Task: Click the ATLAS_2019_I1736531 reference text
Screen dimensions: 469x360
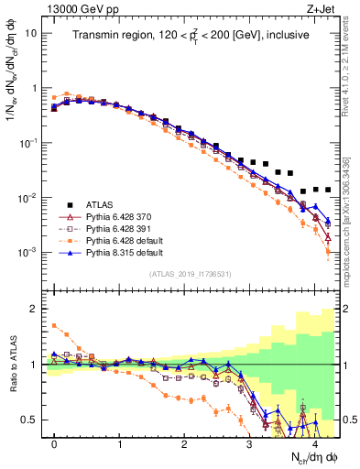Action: [191, 275]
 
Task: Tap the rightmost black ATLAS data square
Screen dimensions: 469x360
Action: [328, 190]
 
